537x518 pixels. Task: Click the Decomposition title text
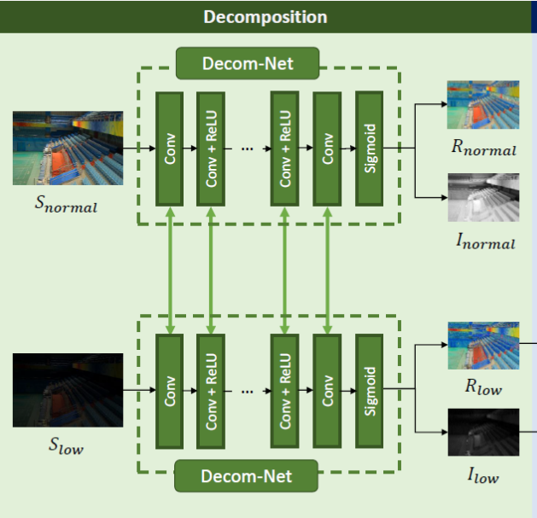pyautogui.click(x=266, y=17)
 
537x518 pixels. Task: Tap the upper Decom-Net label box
pyautogui.click(x=248, y=63)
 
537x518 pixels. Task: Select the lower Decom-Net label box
pyautogui.click(x=246, y=476)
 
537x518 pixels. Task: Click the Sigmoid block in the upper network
pyautogui.click(x=369, y=148)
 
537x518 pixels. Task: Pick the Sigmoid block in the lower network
pyautogui.click(x=369, y=391)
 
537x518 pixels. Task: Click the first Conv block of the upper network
pyautogui.click(x=170, y=149)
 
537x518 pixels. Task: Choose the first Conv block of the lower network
pyautogui.click(x=170, y=392)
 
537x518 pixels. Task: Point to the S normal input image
pyautogui.click(x=67, y=148)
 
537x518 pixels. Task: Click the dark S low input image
pyautogui.click(x=67, y=390)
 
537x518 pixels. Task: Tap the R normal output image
pyautogui.click(x=483, y=105)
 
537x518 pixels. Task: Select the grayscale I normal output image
pyautogui.click(x=483, y=197)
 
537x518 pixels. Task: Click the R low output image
pyautogui.click(x=483, y=346)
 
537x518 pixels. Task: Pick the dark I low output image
pyautogui.click(x=483, y=432)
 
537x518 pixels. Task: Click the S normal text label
pyautogui.click(x=66, y=204)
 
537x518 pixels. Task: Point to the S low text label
pyautogui.click(x=66, y=445)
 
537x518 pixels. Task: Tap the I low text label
pyautogui.click(x=483, y=475)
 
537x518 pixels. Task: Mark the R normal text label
pyautogui.click(x=484, y=147)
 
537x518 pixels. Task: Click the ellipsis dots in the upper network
pyautogui.click(x=248, y=149)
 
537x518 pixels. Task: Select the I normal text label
pyautogui.click(x=486, y=241)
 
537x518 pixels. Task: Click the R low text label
pyautogui.click(x=483, y=387)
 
